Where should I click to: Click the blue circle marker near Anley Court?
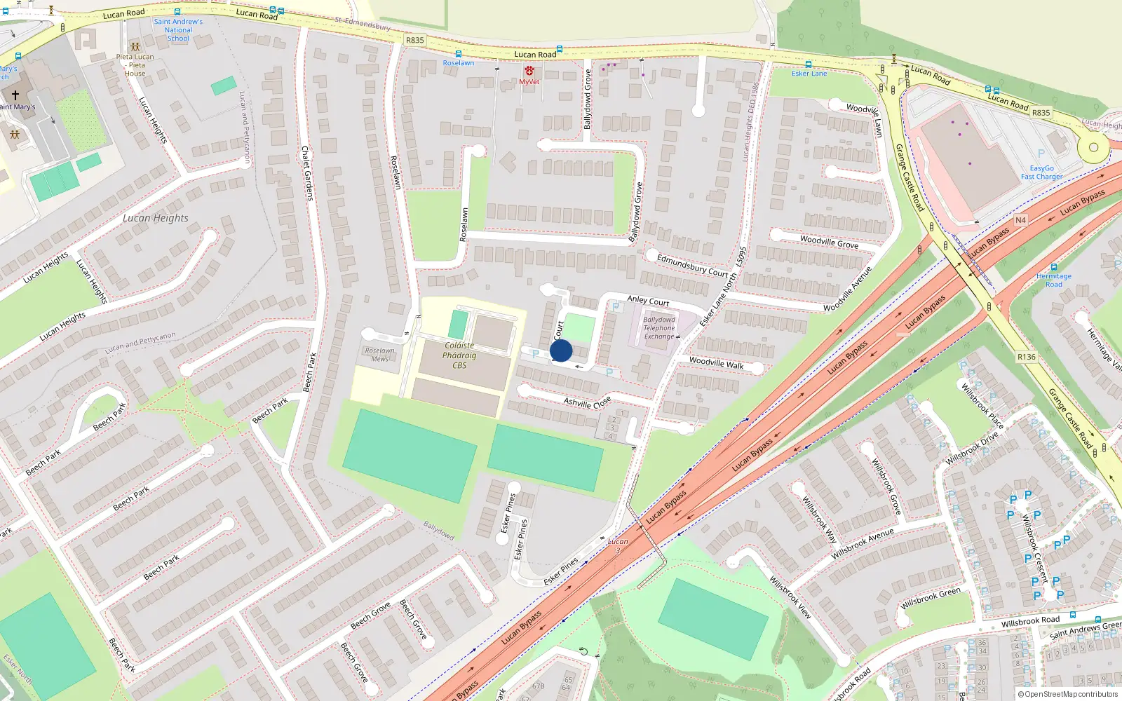[x=561, y=350]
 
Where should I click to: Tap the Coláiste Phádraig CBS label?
[x=459, y=355]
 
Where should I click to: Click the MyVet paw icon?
[x=529, y=71]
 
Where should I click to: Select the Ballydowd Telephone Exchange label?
[x=659, y=328]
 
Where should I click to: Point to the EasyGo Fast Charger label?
[x=1041, y=172]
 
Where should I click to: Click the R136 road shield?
[x=1026, y=357]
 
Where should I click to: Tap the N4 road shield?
[x=1020, y=220]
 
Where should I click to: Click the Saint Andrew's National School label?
[x=178, y=30]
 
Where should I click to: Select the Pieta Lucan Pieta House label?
[x=135, y=65]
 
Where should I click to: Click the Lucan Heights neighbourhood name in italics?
[x=155, y=218]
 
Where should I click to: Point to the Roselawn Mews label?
[x=379, y=355]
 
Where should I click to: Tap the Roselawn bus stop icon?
[x=458, y=54]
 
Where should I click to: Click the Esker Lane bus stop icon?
[x=809, y=64]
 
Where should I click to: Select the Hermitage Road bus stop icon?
[x=1053, y=267]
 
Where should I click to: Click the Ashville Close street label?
[x=588, y=402]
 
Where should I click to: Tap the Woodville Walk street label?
[x=716, y=363]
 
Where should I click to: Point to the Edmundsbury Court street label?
[x=692, y=266]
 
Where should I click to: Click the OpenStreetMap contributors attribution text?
[x=1067, y=694]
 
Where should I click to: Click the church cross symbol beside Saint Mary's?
[x=15, y=94]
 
